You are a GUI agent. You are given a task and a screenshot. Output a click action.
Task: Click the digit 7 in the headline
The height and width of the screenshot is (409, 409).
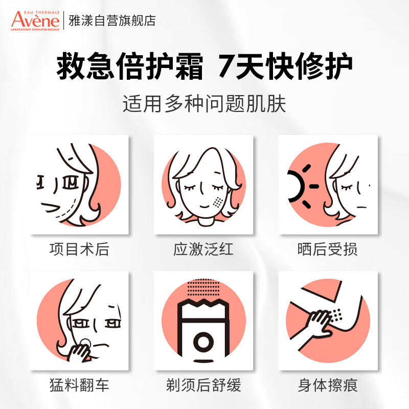click(x=227, y=67)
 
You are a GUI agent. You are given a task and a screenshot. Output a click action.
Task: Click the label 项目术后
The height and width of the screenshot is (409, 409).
click(x=79, y=249)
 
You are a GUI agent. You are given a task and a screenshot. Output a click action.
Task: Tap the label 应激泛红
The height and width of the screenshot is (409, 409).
click(x=204, y=249)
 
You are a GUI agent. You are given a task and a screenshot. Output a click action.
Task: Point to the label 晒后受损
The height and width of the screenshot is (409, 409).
click(x=327, y=249)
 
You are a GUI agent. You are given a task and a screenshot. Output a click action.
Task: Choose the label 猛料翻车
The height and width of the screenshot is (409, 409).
click(x=79, y=384)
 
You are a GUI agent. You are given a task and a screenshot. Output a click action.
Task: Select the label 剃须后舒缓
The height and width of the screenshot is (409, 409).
click(x=204, y=384)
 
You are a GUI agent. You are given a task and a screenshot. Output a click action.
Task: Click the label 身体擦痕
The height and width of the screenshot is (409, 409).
click(x=327, y=384)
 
